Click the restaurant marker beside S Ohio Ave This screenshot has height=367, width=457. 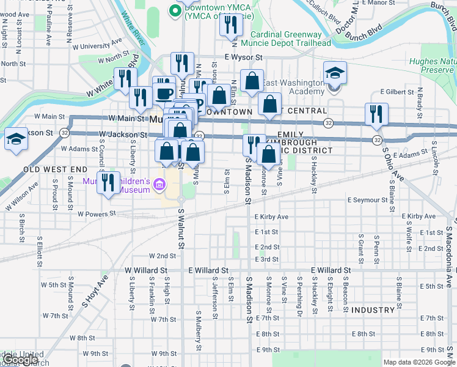[376, 115]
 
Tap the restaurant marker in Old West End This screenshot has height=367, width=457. [108, 183]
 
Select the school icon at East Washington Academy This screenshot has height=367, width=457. [335, 74]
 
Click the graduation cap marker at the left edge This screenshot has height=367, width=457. [16, 139]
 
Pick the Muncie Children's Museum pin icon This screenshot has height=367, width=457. [159, 183]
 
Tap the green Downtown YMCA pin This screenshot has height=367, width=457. [174, 10]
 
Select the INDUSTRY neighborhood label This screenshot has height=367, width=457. [373, 310]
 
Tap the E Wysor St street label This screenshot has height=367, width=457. [243, 57]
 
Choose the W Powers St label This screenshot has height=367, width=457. [97, 214]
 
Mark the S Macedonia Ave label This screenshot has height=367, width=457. [450, 257]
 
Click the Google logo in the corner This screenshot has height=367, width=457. [20, 360]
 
